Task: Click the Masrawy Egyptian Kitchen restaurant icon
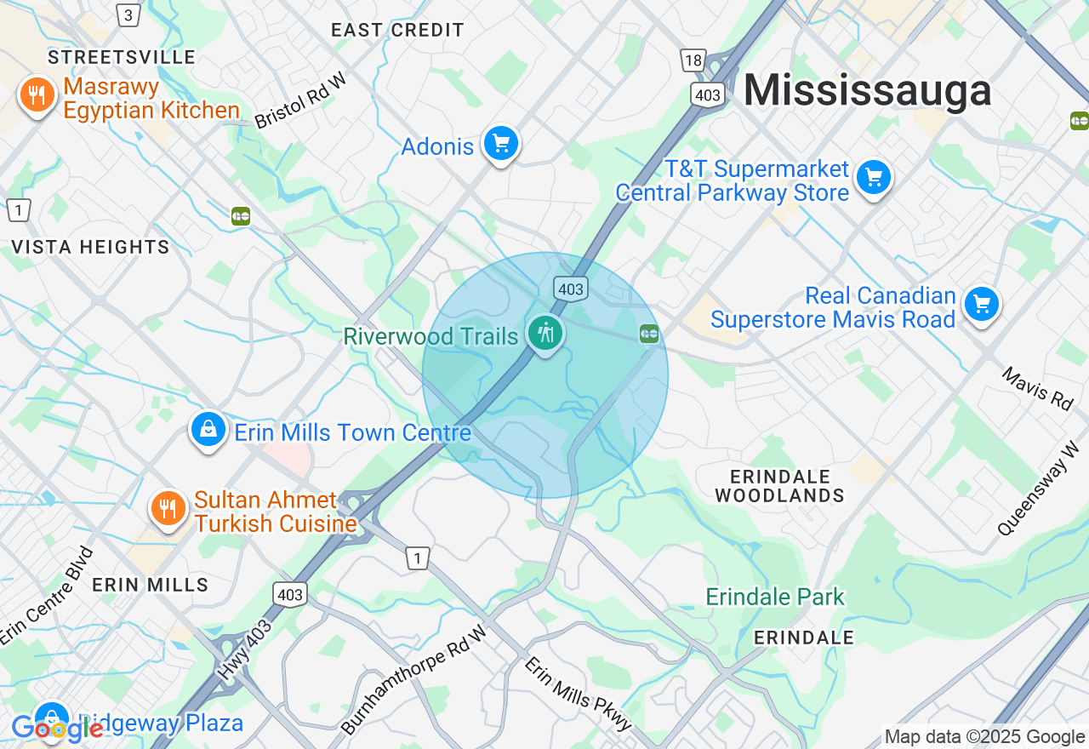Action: pyautogui.click(x=37, y=96)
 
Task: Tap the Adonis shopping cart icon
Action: pyautogui.click(x=500, y=144)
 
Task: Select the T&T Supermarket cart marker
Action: pyautogui.click(x=873, y=178)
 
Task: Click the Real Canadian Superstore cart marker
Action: pyautogui.click(x=981, y=304)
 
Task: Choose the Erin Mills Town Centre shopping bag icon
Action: pyautogui.click(x=208, y=430)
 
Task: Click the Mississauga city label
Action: pyautogui.click(x=867, y=90)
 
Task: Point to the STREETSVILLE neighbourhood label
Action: pyautogui.click(x=122, y=57)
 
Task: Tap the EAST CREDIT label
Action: pyautogui.click(x=397, y=30)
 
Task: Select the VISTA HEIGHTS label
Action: pyautogui.click(x=90, y=247)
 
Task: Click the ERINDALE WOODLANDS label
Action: pyautogui.click(x=779, y=485)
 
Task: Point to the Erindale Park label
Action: pyautogui.click(x=775, y=597)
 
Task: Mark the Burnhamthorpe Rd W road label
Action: pyautogui.click(x=414, y=678)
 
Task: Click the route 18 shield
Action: pyautogui.click(x=693, y=59)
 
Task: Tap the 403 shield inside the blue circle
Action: pyautogui.click(x=570, y=289)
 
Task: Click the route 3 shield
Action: pyautogui.click(x=128, y=14)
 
